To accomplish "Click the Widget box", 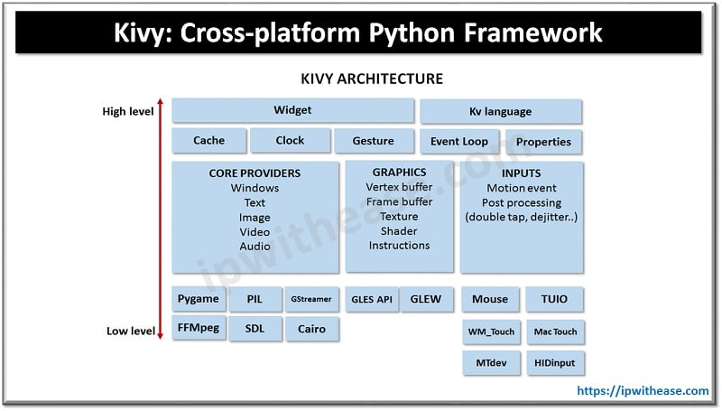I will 292,110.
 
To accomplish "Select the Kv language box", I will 500,111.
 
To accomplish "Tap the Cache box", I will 208,141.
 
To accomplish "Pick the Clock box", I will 290,141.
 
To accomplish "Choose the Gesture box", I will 373,141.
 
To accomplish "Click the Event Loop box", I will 459,142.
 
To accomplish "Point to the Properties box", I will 543,142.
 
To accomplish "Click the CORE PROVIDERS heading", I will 255,173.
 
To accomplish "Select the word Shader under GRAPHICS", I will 399,231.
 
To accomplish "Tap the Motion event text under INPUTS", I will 522,188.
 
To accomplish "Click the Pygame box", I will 199,298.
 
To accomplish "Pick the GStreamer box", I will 310,299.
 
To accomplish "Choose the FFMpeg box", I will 199,328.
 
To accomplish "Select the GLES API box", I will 371,299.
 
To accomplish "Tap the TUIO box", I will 553,299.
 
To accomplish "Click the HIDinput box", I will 553,362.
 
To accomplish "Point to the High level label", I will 127,112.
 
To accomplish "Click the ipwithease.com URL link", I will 643,391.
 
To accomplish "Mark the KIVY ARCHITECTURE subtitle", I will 371,79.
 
